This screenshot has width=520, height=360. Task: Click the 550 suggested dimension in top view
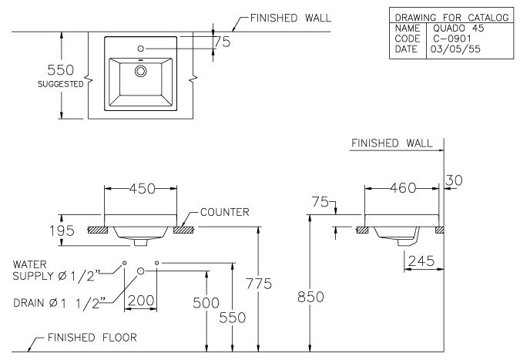click(x=64, y=70)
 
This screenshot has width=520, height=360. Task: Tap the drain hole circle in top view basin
click(x=140, y=71)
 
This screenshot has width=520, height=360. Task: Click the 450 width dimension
click(x=141, y=187)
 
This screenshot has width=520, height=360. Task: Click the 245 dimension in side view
click(x=422, y=261)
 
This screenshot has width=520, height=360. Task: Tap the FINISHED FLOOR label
click(x=92, y=338)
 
